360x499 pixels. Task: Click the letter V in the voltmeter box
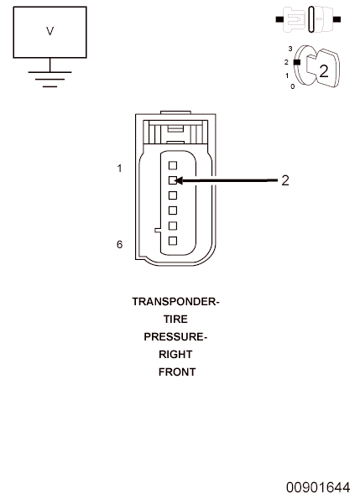pos(50,31)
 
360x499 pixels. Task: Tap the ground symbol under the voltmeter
pos(50,79)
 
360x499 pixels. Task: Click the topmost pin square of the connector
pos(173,165)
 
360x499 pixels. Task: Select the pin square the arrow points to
pos(173,180)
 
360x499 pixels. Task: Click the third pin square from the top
pos(173,195)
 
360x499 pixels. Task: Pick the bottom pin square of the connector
pos(173,241)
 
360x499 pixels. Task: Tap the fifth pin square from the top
pos(173,226)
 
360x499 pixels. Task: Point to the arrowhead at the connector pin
pos(179,181)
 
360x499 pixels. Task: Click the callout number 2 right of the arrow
pos(285,180)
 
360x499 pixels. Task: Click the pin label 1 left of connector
pos(119,168)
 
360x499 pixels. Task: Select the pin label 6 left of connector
pos(119,244)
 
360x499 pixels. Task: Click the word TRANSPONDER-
pos(175,302)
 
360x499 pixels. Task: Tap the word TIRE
pos(175,320)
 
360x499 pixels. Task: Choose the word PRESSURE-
pos(175,336)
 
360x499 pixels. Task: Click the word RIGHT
pos(175,354)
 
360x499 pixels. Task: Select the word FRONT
pos(177,372)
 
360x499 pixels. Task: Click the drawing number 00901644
pos(318,487)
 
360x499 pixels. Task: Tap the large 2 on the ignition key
pos(323,71)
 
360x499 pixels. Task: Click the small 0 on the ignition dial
pos(293,86)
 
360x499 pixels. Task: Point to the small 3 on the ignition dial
pos(290,49)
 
